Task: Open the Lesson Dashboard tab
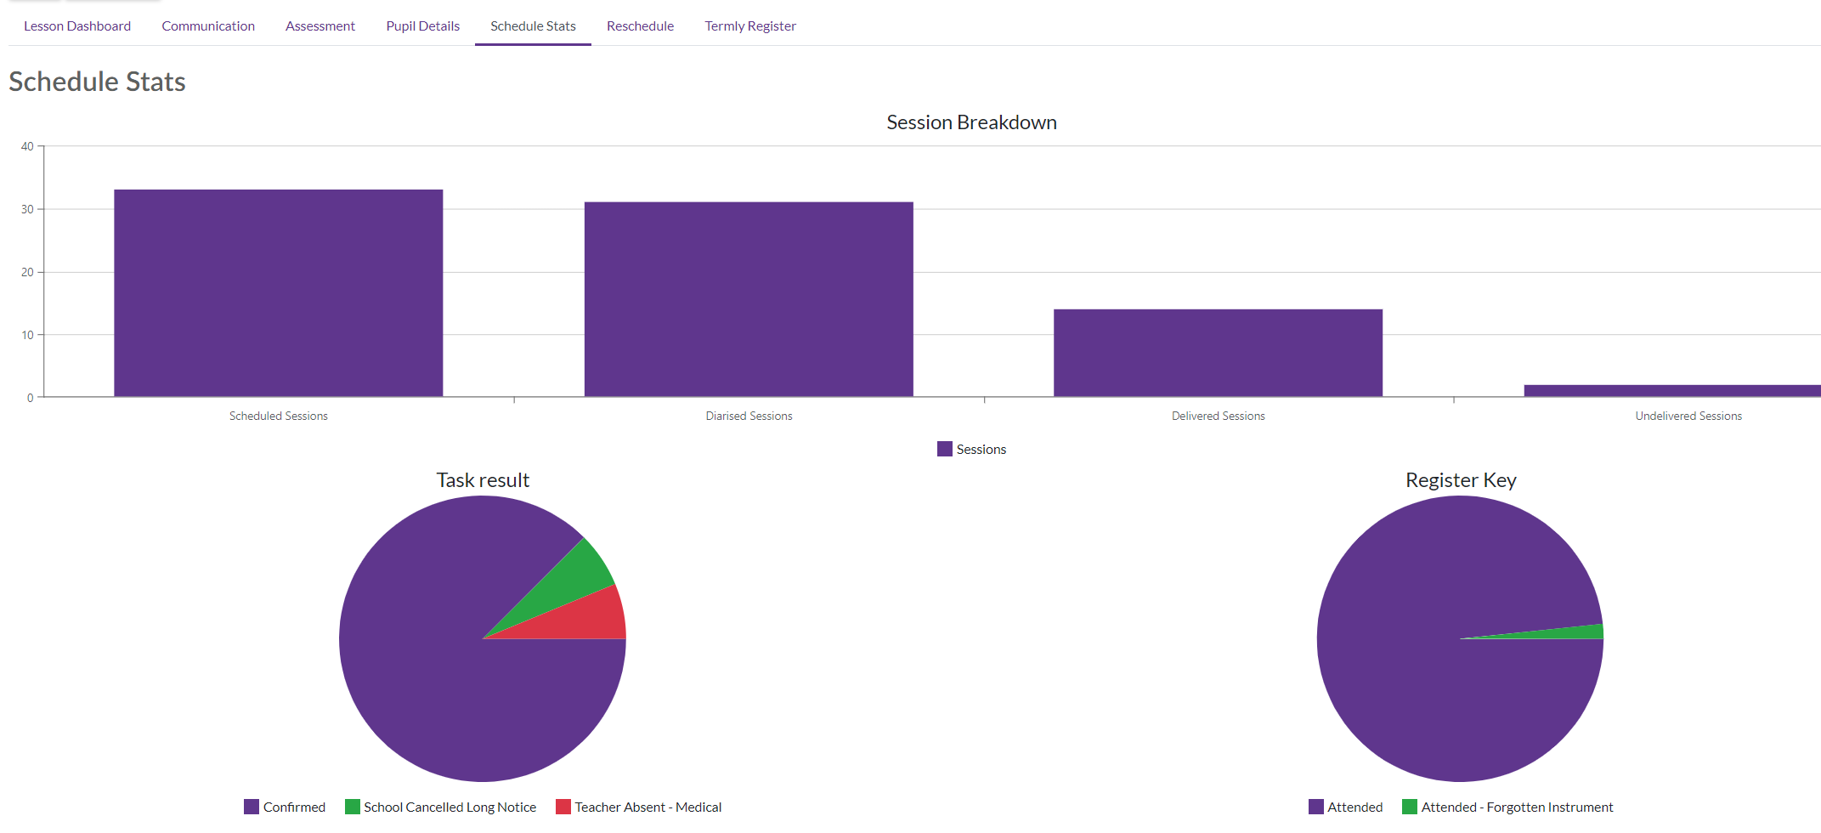coord(77,26)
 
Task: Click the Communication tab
coord(208,26)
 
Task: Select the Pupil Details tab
coord(422,26)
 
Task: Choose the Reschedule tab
coord(640,26)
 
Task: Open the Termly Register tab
coord(750,26)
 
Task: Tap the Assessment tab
coord(320,26)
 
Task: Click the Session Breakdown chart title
coord(971,122)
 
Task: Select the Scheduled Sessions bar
coord(279,293)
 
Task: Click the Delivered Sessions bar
coord(1218,353)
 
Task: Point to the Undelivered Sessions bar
coord(1672,391)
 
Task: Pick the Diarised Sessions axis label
coord(749,416)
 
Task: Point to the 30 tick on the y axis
coord(28,209)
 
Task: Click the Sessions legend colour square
coord(945,449)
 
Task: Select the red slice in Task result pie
coord(586,618)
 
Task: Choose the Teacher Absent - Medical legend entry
coord(638,807)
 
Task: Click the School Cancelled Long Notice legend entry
coord(440,807)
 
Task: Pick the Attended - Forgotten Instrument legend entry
coord(1507,807)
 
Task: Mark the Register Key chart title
coord(1461,480)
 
